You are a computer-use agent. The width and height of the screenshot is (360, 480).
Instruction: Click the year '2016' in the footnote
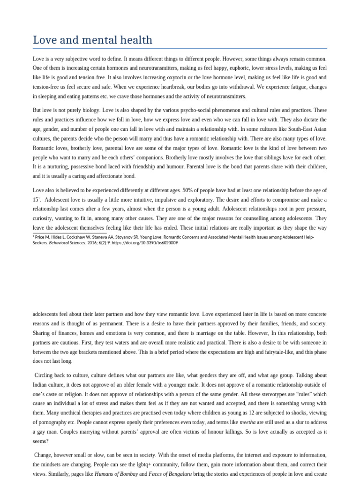(93, 243)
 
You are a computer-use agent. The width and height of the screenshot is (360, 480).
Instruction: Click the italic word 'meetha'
(247, 422)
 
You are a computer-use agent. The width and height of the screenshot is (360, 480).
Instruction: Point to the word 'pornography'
(54, 422)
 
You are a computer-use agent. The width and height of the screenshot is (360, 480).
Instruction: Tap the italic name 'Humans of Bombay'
(116, 474)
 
